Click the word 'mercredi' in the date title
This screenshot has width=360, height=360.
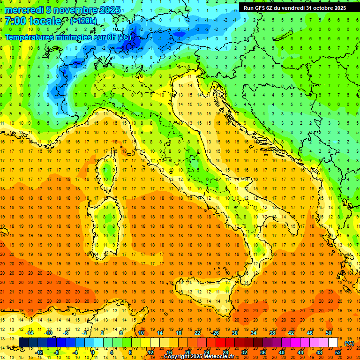[x=23, y=10]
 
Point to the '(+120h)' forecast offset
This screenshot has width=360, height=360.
[x=83, y=21]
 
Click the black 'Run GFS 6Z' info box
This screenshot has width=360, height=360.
[x=294, y=8]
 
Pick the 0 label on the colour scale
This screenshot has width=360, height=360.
[x=93, y=352]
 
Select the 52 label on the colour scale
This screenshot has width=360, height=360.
[x=337, y=352]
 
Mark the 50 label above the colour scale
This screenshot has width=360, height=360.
[x=329, y=333]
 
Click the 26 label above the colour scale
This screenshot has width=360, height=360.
[x=216, y=333]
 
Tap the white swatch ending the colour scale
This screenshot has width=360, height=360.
[x=333, y=343]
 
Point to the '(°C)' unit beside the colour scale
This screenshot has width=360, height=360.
[x=349, y=343]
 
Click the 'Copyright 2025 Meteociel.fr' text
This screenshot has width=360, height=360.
[x=202, y=357]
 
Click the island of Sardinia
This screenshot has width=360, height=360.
[x=109, y=220]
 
